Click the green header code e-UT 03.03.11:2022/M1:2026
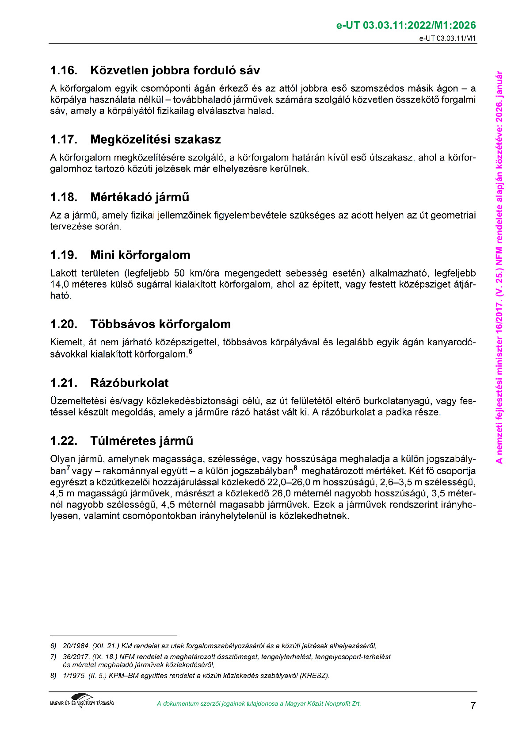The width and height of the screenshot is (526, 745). click(406, 26)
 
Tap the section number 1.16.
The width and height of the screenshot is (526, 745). click(64, 71)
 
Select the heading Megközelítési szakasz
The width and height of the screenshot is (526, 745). click(155, 140)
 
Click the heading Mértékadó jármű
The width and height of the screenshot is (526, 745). click(140, 197)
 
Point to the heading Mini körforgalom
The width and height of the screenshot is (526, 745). click(140, 255)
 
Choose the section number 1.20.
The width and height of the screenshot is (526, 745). click(64, 324)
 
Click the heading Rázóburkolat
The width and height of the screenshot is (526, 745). click(129, 383)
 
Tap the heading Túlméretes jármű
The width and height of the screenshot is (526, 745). click(141, 441)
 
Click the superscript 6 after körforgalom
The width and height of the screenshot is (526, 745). click(191, 352)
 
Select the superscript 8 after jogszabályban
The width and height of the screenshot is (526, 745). click(295, 468)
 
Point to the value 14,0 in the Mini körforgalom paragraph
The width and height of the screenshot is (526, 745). click(59, 284)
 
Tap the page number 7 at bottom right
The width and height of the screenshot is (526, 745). click(473, 705)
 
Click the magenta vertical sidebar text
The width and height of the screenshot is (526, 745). click(499, 267)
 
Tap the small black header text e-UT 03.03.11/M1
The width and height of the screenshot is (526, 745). click(447, 38)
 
